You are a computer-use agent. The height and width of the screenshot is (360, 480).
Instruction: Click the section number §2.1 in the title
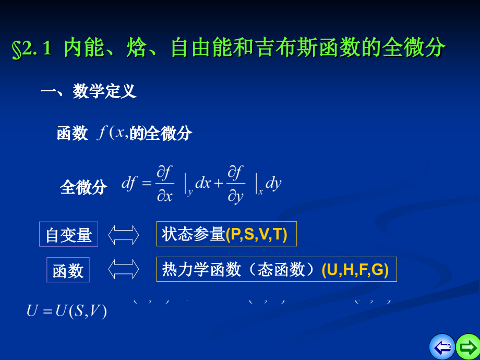tap(31, 49)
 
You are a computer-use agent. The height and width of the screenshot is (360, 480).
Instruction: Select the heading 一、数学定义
tap(89, 91)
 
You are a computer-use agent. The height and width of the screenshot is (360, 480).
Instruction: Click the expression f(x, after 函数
tap(112, 133)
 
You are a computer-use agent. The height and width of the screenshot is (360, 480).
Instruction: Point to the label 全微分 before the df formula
tap(83, 187)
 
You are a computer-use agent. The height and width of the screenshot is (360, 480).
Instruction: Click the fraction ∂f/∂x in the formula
tap(165, 184)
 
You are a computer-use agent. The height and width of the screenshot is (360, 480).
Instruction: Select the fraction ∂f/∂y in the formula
tap(236, 184)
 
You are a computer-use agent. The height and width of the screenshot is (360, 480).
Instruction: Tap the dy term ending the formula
tap(273, 183)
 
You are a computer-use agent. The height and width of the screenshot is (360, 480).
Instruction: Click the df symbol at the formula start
tap(129, 183)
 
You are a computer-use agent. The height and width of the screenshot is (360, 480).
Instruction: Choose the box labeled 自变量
tap(68, 234)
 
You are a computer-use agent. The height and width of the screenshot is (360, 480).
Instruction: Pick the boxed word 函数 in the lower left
tap(68, 270)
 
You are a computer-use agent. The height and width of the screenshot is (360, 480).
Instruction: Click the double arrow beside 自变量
tap(124, 234)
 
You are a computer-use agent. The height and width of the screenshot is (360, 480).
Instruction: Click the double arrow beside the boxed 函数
tap(124, 269)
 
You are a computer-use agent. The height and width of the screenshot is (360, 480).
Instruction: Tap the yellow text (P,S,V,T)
tap(256, 234)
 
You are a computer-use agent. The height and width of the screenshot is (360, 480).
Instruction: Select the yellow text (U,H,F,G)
tap(355, 269)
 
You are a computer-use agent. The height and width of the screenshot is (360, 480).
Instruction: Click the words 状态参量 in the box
tap(193, 234)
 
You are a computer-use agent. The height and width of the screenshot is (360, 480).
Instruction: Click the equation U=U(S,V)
tap(67, 311)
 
